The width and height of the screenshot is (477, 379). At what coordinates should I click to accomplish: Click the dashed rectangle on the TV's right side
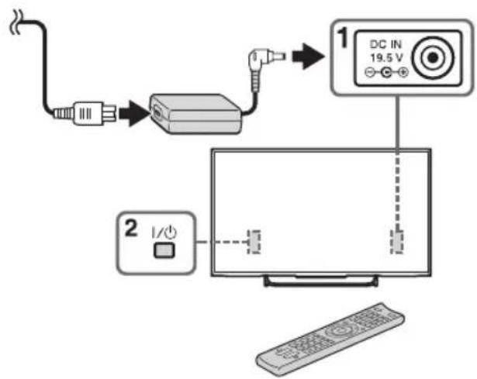(x=397, y=242)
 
